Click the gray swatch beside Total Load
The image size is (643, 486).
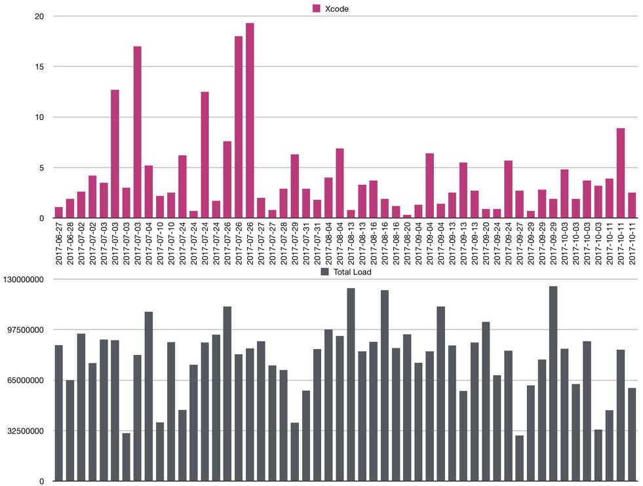point(324,272)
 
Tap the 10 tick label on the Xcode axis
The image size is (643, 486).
point(39,117)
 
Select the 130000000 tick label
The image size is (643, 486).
point(22,280)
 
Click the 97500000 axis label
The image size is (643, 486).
point(24,330)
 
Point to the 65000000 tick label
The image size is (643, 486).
point(24,381)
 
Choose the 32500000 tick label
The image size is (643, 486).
point(24,431)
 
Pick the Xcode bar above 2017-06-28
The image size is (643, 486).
point(70,209)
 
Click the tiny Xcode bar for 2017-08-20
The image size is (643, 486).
point(408,216)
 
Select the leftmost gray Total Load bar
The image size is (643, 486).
point(59,413)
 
